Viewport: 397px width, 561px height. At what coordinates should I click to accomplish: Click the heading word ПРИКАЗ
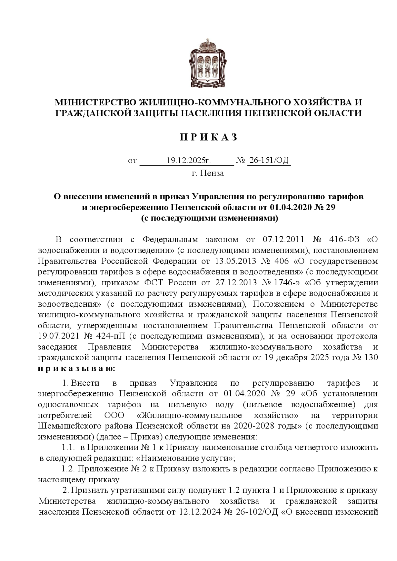pos(208,137)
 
